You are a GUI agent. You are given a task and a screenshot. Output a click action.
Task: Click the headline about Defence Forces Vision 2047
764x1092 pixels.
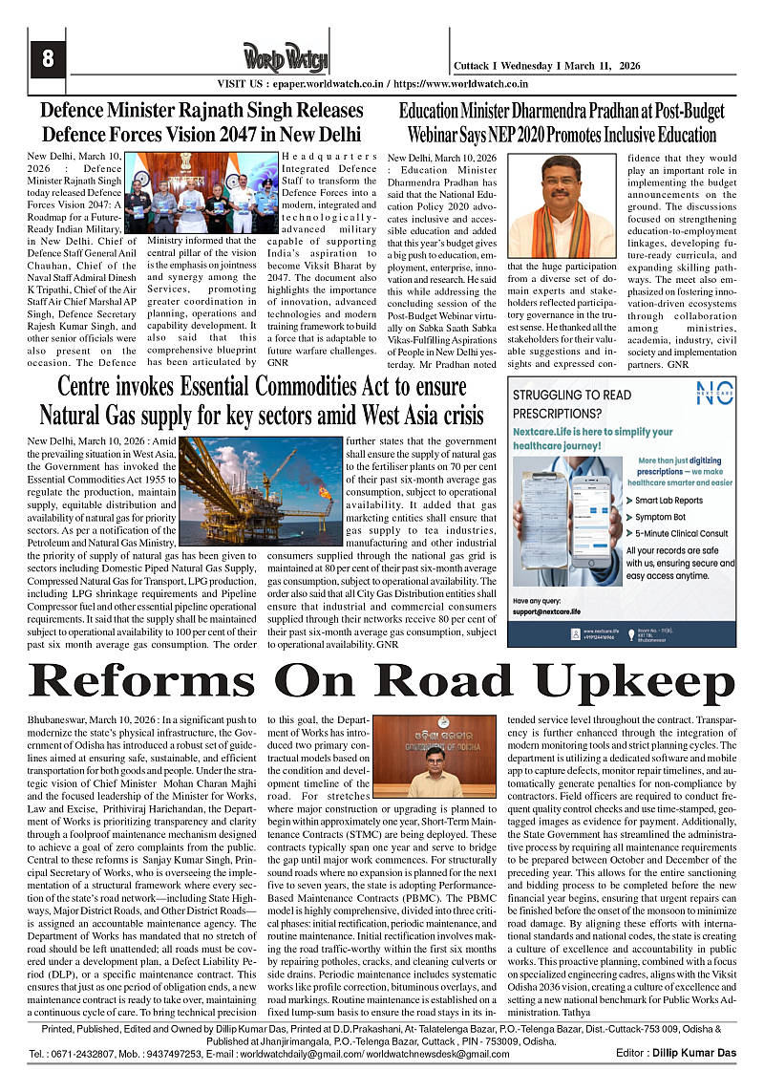202,122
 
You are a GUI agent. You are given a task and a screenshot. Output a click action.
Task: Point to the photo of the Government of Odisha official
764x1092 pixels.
435,756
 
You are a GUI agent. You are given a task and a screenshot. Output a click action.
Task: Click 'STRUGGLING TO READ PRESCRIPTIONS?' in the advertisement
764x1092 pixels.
572,403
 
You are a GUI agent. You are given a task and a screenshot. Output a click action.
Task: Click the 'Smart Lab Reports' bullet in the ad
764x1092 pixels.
668,501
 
